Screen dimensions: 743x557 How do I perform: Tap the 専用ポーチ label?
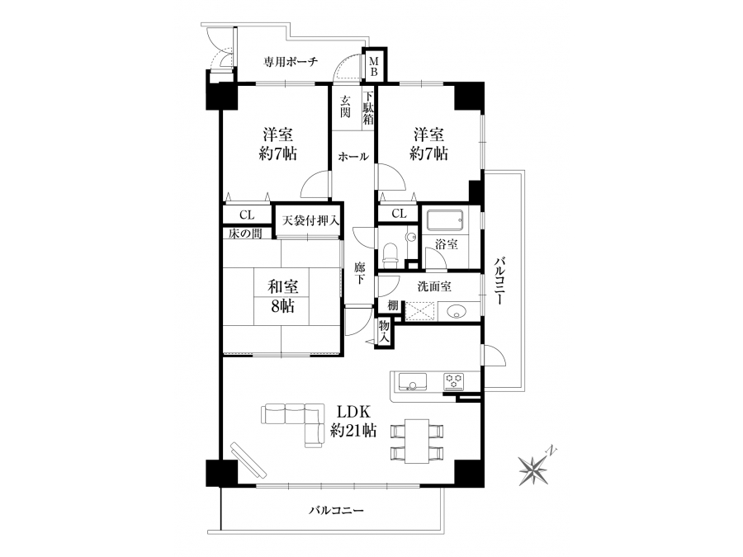(x=291, y=62)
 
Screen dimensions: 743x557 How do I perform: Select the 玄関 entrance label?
(x=345, y=106)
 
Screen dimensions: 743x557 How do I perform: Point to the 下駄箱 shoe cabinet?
(x=368, y=107)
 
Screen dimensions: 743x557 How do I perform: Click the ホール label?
(x=353, y=157)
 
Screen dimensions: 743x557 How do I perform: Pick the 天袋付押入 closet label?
(x=310, y=220)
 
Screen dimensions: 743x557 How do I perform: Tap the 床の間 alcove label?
(x=245, y=233)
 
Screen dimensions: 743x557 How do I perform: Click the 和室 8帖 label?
(x=282, y=296)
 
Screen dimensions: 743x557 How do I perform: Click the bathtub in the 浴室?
(x=444, y=219)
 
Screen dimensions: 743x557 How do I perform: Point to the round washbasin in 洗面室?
(x=457, y=312)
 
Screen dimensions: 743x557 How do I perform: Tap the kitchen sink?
(x=412, y=380)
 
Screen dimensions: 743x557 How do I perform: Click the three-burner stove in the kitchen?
(x=454, y=380)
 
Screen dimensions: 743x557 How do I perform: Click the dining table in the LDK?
(x=417, y=441)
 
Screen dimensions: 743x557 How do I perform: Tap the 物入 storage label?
(x=384, y=332)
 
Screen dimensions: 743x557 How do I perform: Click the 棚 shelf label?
(x=392, y=306)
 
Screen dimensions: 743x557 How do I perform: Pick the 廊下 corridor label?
(x=360, y=273)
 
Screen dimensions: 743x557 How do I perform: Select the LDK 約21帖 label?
(x=353, y=421)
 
